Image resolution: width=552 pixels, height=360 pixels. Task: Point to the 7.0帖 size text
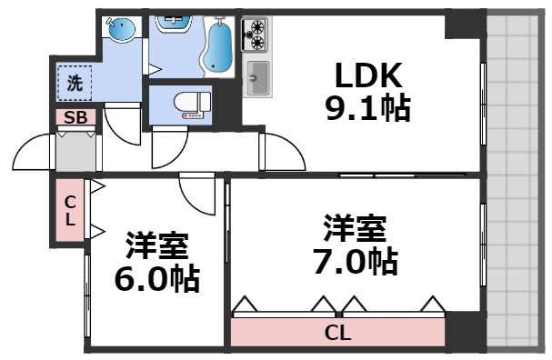355,261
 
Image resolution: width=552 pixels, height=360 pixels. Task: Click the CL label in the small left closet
69,211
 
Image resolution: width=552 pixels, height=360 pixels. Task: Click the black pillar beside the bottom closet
464,328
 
